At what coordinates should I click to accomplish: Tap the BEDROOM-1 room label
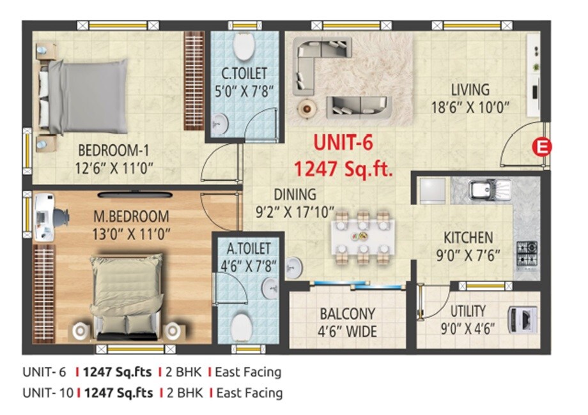(x=114, y=151)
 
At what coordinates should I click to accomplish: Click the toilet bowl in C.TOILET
(x=243, y=46)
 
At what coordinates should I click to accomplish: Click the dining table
(x=363, y=236)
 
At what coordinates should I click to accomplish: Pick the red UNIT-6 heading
(x=343, y=144)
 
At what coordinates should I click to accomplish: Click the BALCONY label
(x=348, y=315)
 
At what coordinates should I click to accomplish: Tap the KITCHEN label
(x=468, y=238)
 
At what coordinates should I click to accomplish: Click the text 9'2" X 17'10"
(x=295, y=211)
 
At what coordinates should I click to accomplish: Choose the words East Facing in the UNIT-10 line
(x=249, y=393)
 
